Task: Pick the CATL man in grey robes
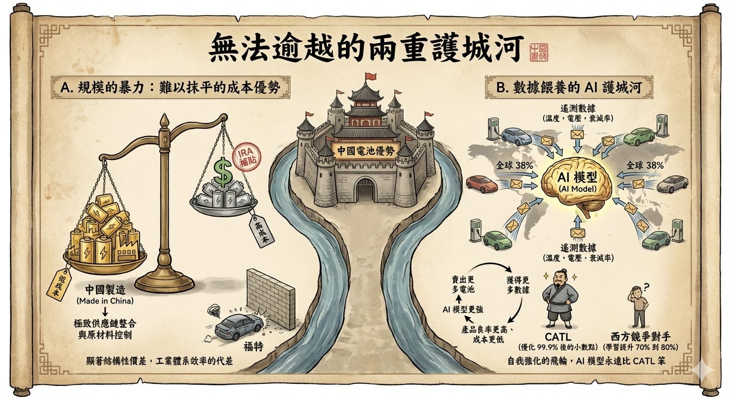pyautogui.click(x=560, y=301)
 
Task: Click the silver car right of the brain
pyautogui.click(x=672, y=183)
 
